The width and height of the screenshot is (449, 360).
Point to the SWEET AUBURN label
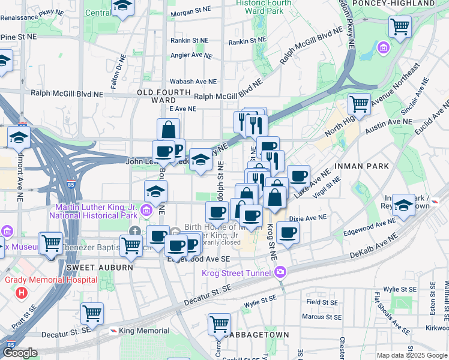(99, 267)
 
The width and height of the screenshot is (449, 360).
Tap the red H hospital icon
(22, 293)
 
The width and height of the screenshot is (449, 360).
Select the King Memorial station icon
(113, 331)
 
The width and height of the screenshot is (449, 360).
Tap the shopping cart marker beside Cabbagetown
(219, 323)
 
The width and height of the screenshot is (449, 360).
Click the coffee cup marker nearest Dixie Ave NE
(288, 232)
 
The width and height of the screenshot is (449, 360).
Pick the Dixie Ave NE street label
(308, 218)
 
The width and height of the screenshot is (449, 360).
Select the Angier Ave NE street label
(191, 56)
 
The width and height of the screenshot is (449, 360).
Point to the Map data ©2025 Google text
(411, 355)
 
